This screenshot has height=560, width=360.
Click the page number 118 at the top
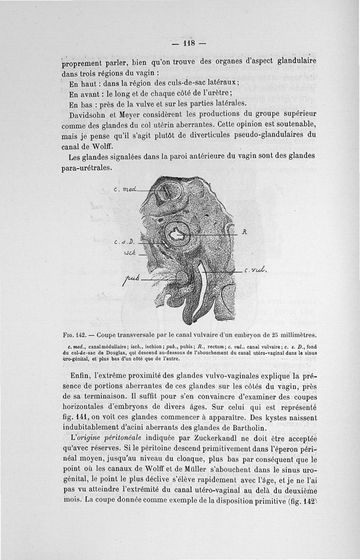click(x=188, y=44)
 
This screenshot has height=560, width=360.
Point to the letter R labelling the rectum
click(x=244, y=233)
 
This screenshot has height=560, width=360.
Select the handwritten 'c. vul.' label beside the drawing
click(x=256, y=271)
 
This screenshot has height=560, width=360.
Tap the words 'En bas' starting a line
click(x=80, y=104)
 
